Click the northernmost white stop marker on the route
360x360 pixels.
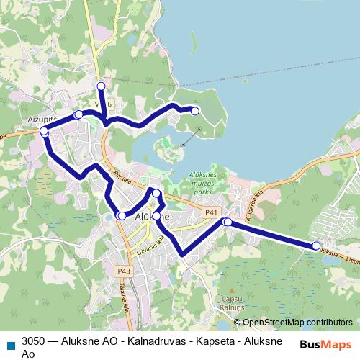pos(101,86)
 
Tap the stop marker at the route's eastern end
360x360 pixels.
pos(316,246)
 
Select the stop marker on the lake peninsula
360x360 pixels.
pos(194,110)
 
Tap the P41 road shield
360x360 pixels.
pos(210,212)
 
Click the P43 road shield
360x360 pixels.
pos(124,271)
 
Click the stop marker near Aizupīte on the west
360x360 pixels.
pos(45,132)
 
